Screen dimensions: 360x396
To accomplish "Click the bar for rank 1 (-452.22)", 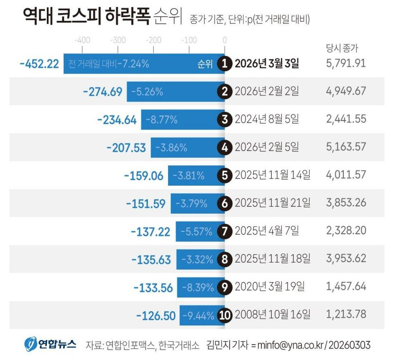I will (142, 64).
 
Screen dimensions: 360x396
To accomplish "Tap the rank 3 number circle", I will (225, 120).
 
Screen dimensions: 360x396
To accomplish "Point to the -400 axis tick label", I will (82, 41).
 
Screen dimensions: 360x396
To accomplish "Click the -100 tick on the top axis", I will (189, 41).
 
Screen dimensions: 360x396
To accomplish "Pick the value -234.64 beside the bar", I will (117, 120).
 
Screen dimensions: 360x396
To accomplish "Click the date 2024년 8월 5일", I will (267, 120).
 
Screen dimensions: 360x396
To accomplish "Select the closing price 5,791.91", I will (345, 64).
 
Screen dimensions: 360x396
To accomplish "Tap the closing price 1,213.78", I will (345, 314).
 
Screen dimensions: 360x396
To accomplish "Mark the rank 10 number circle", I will (225, 315).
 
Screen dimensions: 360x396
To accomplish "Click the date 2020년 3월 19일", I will (270, 287).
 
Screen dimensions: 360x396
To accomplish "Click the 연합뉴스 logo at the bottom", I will (51, 345).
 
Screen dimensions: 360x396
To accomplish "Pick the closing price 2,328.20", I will (345, 231).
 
